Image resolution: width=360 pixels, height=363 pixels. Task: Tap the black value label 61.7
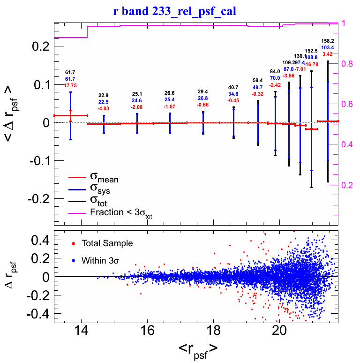coord(70,72)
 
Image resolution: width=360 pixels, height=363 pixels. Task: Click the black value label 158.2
coord(327,41)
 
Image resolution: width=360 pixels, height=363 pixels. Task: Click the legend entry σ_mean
coord(104,178)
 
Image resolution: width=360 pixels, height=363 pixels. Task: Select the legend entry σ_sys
coord(101,190)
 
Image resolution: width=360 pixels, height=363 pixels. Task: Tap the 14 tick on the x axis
coord(81,330)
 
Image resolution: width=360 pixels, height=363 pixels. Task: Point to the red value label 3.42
coord(327,54)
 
